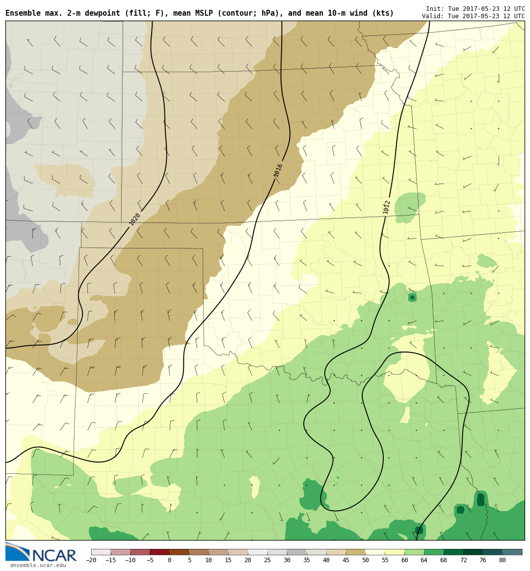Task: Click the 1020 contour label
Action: pyautogui.click(x=135, y=219)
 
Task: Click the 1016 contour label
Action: pyautogui.click(x=278, y=170)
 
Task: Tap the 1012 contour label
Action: pyautogui.click(x=387, y=207)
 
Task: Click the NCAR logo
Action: pyautogui.click(x=41, y=553)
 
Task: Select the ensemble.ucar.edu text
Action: pyautogui.click(x=38, y=566)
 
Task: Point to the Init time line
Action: pyautogui.click(x=475, y=9)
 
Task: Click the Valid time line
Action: pyautogui.click(x=473, y=16)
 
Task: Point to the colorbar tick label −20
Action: pyautogui.click(x=91, y=560)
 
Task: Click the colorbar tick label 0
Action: pyautogui.click(x=169, y=560)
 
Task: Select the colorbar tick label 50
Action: pyautogui.click(x=365, y=560)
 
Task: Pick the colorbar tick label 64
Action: pyautogui.click(x=424, y=560)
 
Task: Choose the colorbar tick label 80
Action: pyautogui.click(x=502, y=560)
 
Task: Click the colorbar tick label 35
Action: pyautogui.click(x=306, y=560)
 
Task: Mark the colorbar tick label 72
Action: pyautogui.click(x=463, y=560)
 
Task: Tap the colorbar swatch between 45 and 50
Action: pyautogui.click(x=355, y=552)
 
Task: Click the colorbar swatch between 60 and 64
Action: pyautogui.click(x=414, y=552)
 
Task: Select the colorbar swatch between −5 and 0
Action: pyautogui.click(x=159, y=552)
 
